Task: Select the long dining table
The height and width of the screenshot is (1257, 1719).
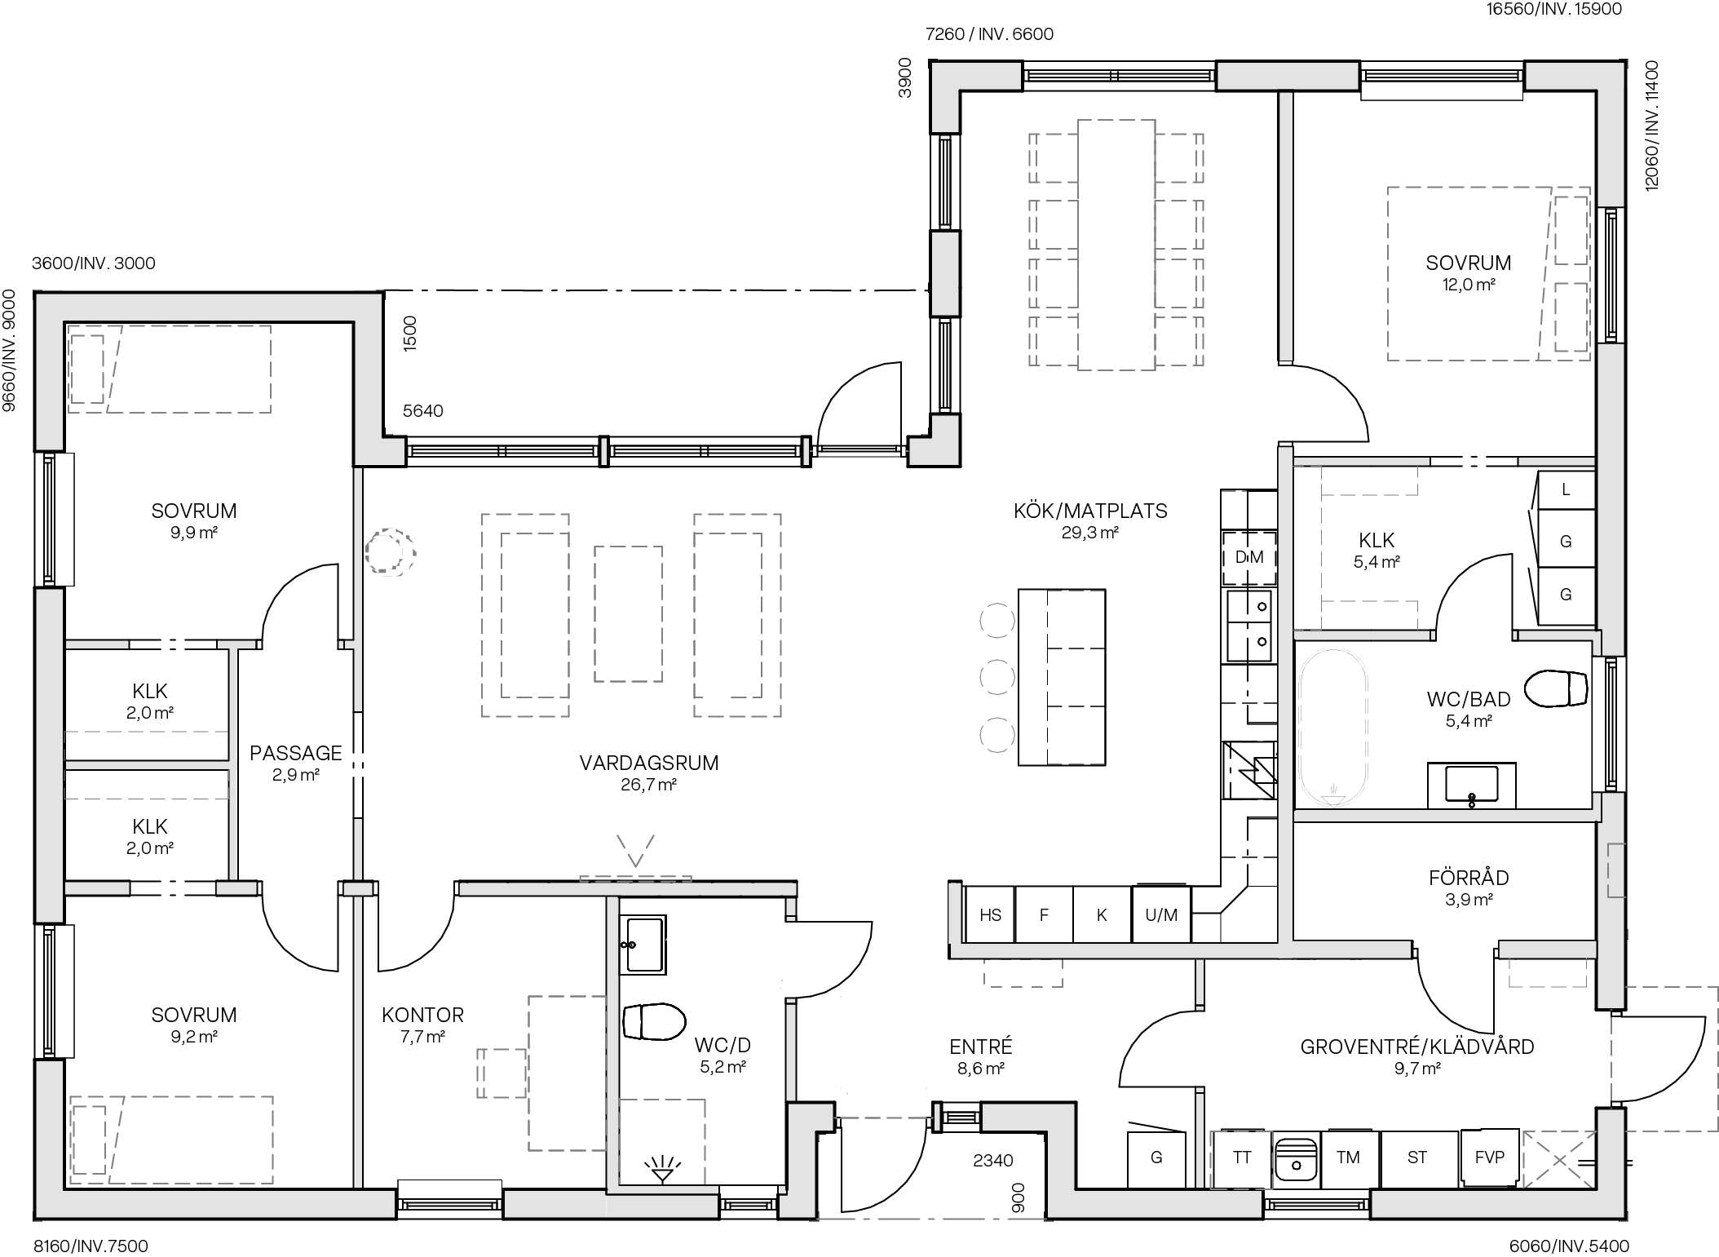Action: [x=1116, y=245]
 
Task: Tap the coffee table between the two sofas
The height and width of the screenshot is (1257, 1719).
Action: [x=628, y=613]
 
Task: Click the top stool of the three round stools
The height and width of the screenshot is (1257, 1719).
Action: [x=996, y=621]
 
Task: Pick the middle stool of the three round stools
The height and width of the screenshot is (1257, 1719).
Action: [x=996, y=676]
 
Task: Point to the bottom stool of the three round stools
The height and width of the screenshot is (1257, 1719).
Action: [x=996, y=734]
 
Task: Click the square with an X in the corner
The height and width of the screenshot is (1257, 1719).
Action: [x=1559, y=1159]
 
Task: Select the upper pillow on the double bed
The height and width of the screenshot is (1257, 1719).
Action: [x=1571, y=229]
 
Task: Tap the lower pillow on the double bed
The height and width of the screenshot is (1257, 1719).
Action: [x=1571, y=317]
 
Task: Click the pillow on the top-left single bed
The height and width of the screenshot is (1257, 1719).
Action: [x=87, y=369]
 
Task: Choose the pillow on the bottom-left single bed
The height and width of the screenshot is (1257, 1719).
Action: [x=89, y=1140]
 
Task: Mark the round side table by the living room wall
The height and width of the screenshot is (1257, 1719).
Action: [x=389, y=552]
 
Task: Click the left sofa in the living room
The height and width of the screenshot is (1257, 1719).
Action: [x=525, y=615]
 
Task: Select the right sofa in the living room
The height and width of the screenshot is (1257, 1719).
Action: [x=737, y=615]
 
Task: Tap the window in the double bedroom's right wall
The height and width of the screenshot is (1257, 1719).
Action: [x=1611, y=274]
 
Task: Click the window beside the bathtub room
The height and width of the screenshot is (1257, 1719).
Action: [x=1611, y=724]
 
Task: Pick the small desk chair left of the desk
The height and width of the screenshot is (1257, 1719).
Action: [x=502, y=1073]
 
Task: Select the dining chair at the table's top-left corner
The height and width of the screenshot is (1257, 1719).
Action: [x=1054, y=158]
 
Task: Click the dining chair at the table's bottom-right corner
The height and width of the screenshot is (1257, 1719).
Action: [x=1179, y=341]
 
